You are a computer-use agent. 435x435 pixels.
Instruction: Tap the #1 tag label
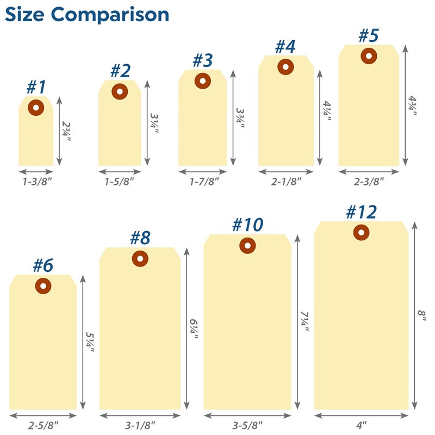[x=36, y=87]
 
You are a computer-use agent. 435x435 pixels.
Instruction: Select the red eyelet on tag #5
[x=369, y=55]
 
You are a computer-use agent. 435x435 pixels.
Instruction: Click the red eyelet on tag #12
[x=361, y=232]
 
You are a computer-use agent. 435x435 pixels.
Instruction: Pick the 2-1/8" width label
[x=286, y=181]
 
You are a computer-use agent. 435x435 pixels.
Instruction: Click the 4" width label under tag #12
[x=361, y=425]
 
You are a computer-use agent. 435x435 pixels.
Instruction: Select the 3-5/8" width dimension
[x=247, y=425]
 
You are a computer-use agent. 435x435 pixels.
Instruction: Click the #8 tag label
[x=140, y=238]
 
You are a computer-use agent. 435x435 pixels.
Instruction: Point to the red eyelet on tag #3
[x=202, y=81]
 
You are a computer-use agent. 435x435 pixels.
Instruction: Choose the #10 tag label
[x=247, y=225]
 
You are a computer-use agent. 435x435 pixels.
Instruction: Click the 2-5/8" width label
[x=43, y=425]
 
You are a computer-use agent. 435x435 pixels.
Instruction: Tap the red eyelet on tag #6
[x=43, y=285]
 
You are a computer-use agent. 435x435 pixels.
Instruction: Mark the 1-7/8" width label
[x=202, y=181]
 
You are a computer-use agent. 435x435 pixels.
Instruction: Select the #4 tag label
[x=285, y=47]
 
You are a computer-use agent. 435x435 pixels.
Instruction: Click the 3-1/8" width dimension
[x=140, y=425]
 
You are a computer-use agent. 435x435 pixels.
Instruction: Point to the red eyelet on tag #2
[x=120, y=91]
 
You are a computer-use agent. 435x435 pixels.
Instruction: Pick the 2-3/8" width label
[x=369, y=181]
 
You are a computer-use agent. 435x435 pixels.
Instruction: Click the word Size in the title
[x=26, y=15]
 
